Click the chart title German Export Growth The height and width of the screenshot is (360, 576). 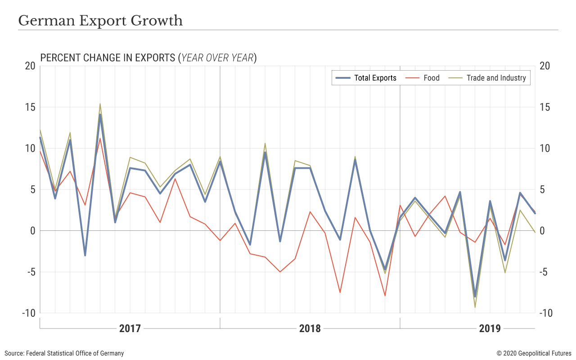100,21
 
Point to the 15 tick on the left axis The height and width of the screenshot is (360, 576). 30,108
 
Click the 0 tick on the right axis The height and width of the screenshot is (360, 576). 542,231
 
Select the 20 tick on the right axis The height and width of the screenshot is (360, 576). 544,66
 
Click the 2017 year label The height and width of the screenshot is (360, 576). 130,328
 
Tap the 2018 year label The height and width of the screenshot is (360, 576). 310,328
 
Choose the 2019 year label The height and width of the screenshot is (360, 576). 490,328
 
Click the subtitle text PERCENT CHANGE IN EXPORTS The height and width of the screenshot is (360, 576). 108,58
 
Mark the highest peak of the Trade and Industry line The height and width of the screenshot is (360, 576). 100,104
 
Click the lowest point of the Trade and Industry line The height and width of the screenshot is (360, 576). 475,307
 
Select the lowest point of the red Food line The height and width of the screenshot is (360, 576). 385,296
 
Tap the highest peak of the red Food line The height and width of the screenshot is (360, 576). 100,138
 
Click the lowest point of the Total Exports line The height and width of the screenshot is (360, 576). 475,297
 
